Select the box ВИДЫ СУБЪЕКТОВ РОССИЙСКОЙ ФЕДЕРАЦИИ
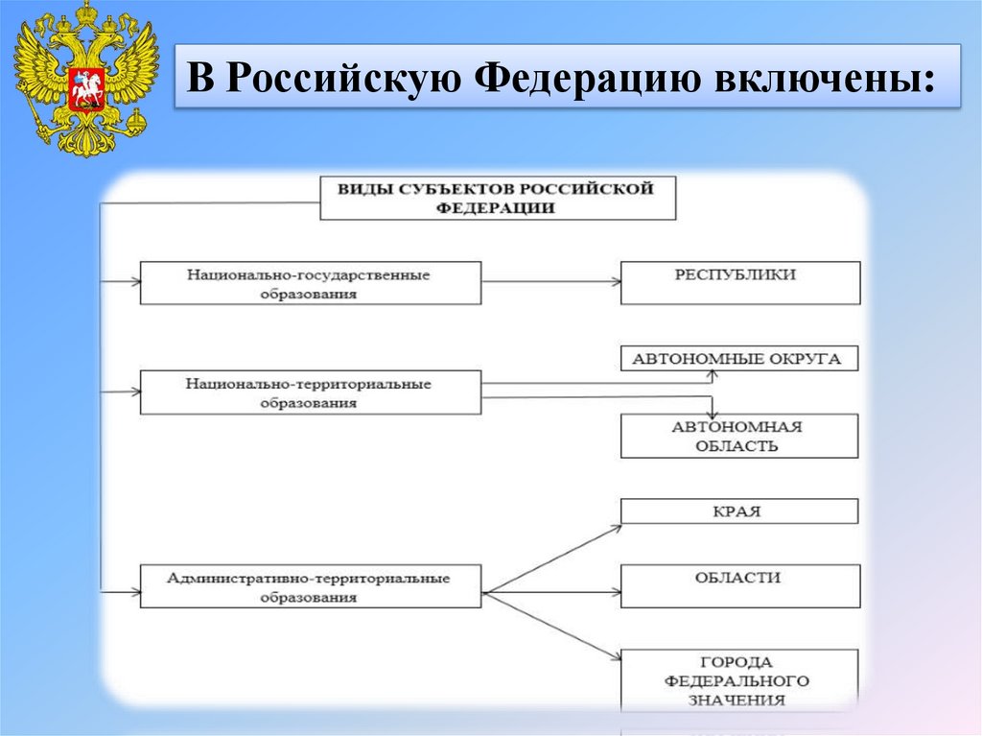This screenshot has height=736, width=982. [x=497, y=198]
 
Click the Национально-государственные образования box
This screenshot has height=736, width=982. [x=310, y=283]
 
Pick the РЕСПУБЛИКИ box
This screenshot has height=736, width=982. [x=738, y=282]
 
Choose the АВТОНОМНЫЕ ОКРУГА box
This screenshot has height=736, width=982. [x=738, y=359]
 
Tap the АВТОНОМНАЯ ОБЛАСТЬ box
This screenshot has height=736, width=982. [x=738, y=436]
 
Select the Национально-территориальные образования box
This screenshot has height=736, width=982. [x=310, y=392]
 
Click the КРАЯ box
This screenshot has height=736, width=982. [x=738, y=510]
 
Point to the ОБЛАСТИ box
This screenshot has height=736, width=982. [x=738, y=585]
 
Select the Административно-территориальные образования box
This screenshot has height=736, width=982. [x=310, y=586]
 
